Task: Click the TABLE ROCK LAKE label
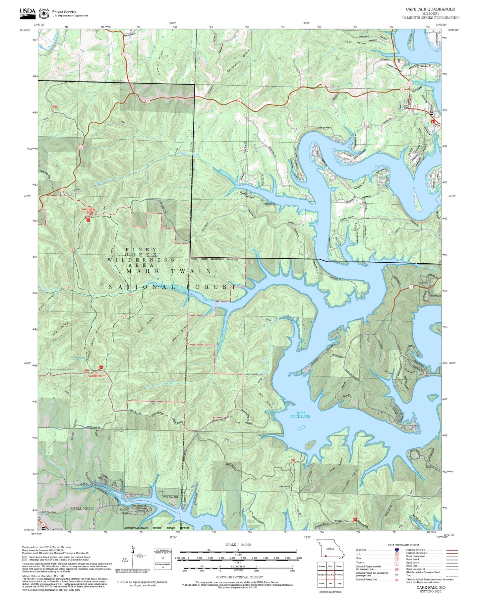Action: (300, 415)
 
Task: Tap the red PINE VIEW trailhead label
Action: (89, 210)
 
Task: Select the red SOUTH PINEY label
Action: (96, 376)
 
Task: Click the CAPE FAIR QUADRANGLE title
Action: (430, 9)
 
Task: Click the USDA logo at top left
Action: (28, 12)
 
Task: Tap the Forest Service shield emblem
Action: (44, 13)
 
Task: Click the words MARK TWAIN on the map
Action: (169, 271)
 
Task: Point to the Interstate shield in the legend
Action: (396, 550)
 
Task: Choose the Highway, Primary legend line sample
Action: (452, 550)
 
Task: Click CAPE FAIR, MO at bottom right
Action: (431, 587)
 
